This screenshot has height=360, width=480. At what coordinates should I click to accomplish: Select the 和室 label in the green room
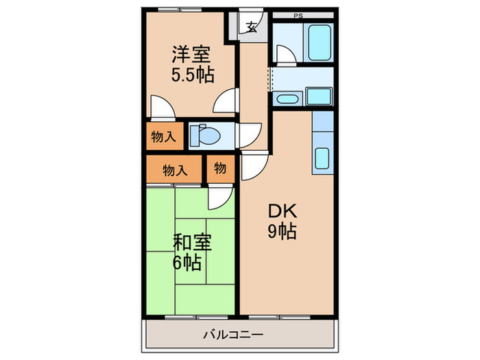pos(191,243)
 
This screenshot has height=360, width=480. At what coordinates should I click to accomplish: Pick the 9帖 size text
pos(282,231)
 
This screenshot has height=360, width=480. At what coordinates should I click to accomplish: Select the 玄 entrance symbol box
pos(252,28)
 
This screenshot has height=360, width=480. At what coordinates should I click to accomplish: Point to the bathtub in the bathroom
pos(320,43)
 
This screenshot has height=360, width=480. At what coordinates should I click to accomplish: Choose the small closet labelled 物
pos(220,167)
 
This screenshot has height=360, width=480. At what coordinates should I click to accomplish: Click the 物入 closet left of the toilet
pos(163,136)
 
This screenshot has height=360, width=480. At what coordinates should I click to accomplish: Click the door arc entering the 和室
pos(221,198)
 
